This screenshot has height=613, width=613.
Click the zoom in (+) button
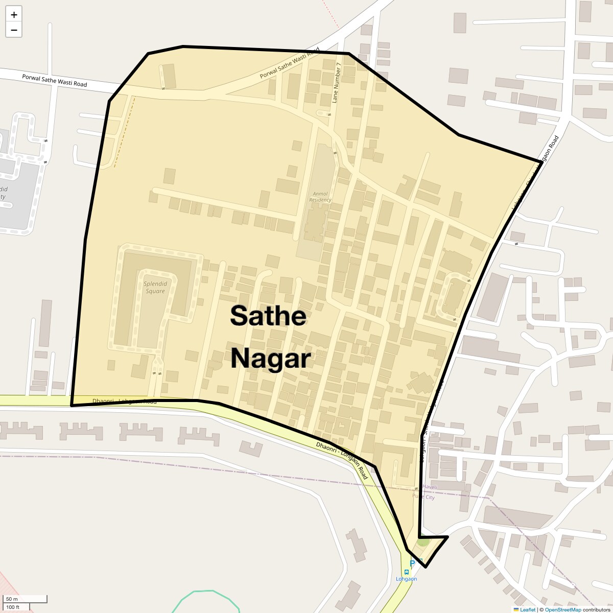(x=14, y=15)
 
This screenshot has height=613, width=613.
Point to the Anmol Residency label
(x=320, y=197)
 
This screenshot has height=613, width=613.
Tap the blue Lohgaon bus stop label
(x=407, y=579)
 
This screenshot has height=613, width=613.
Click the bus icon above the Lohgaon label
(x=407, y=572)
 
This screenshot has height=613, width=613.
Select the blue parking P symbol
(x=412, y=563)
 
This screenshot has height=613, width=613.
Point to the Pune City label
(x=423, y=497)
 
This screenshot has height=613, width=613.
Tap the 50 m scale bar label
(x=12, y=599)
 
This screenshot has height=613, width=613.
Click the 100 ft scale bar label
(x=13, y=607)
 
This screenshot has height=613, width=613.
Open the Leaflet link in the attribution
(x=527, y=609)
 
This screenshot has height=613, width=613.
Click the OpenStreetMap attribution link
(x=562, y=609)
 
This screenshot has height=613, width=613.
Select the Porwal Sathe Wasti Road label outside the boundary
(x=54, y=80)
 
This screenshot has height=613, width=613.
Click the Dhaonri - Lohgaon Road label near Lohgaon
(x=342, y=460)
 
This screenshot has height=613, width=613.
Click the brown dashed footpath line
(x=124, y=132)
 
